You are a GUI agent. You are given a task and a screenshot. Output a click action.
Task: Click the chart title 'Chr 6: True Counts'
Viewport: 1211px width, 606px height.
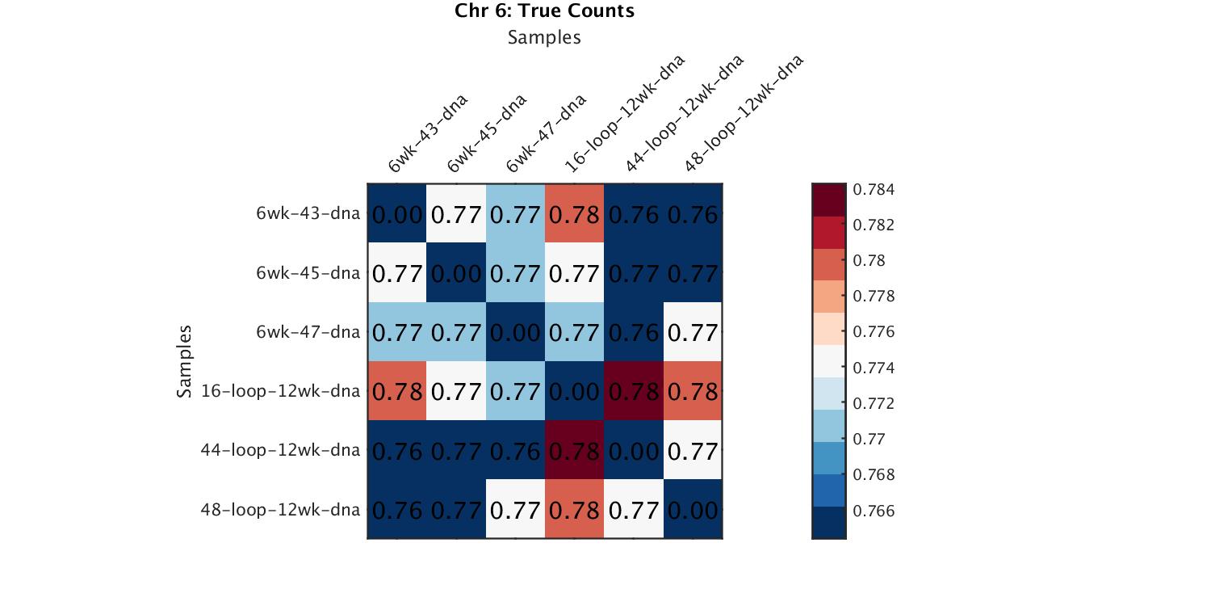(x=544, y=11)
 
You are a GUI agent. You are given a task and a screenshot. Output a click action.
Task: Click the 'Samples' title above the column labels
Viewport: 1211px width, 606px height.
(x=544, y=37)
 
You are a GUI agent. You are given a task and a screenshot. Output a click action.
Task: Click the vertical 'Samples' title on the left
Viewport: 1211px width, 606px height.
(x=185, y=361)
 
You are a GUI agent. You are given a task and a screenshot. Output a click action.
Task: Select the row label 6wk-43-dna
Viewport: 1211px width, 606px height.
(x=308, y=214)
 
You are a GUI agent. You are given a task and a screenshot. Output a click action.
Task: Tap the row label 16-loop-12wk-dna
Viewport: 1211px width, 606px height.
(x=280, y=391)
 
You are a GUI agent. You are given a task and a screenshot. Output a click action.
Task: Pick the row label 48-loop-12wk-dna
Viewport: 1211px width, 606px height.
(x=280, y=510)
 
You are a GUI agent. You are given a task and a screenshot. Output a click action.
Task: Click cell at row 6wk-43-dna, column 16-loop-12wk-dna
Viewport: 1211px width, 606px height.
(x=574, y=214)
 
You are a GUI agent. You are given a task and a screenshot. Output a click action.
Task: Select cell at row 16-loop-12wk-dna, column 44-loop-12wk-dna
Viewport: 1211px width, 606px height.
(x=634, y=391)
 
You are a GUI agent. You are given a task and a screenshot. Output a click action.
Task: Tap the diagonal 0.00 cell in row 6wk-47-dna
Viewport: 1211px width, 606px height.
(x=515, y=332)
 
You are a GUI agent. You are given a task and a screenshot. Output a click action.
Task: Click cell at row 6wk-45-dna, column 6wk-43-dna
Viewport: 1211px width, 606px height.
(x=397, y=273)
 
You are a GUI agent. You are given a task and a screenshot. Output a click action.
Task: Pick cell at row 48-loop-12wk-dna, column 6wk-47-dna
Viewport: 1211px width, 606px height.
(x=515, y=510)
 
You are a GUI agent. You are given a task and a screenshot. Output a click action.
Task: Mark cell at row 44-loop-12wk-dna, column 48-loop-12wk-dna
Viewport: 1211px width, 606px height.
(x=693, y=450)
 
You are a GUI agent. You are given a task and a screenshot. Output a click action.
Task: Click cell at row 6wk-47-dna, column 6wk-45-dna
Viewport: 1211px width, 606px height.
(x=456, y=332)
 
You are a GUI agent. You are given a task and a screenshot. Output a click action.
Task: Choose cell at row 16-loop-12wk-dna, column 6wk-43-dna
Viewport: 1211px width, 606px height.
(x=397, y=391)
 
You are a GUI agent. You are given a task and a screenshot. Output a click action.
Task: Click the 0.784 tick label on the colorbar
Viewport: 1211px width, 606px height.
(x=873, y=190)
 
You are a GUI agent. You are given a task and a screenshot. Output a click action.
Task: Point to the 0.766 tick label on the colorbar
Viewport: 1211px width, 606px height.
(x=873, y=511)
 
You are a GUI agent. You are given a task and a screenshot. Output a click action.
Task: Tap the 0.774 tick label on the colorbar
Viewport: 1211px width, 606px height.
(x=873, y=368)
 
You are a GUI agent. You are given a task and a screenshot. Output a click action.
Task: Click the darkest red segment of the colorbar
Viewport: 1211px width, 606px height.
(x=828, y=200)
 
